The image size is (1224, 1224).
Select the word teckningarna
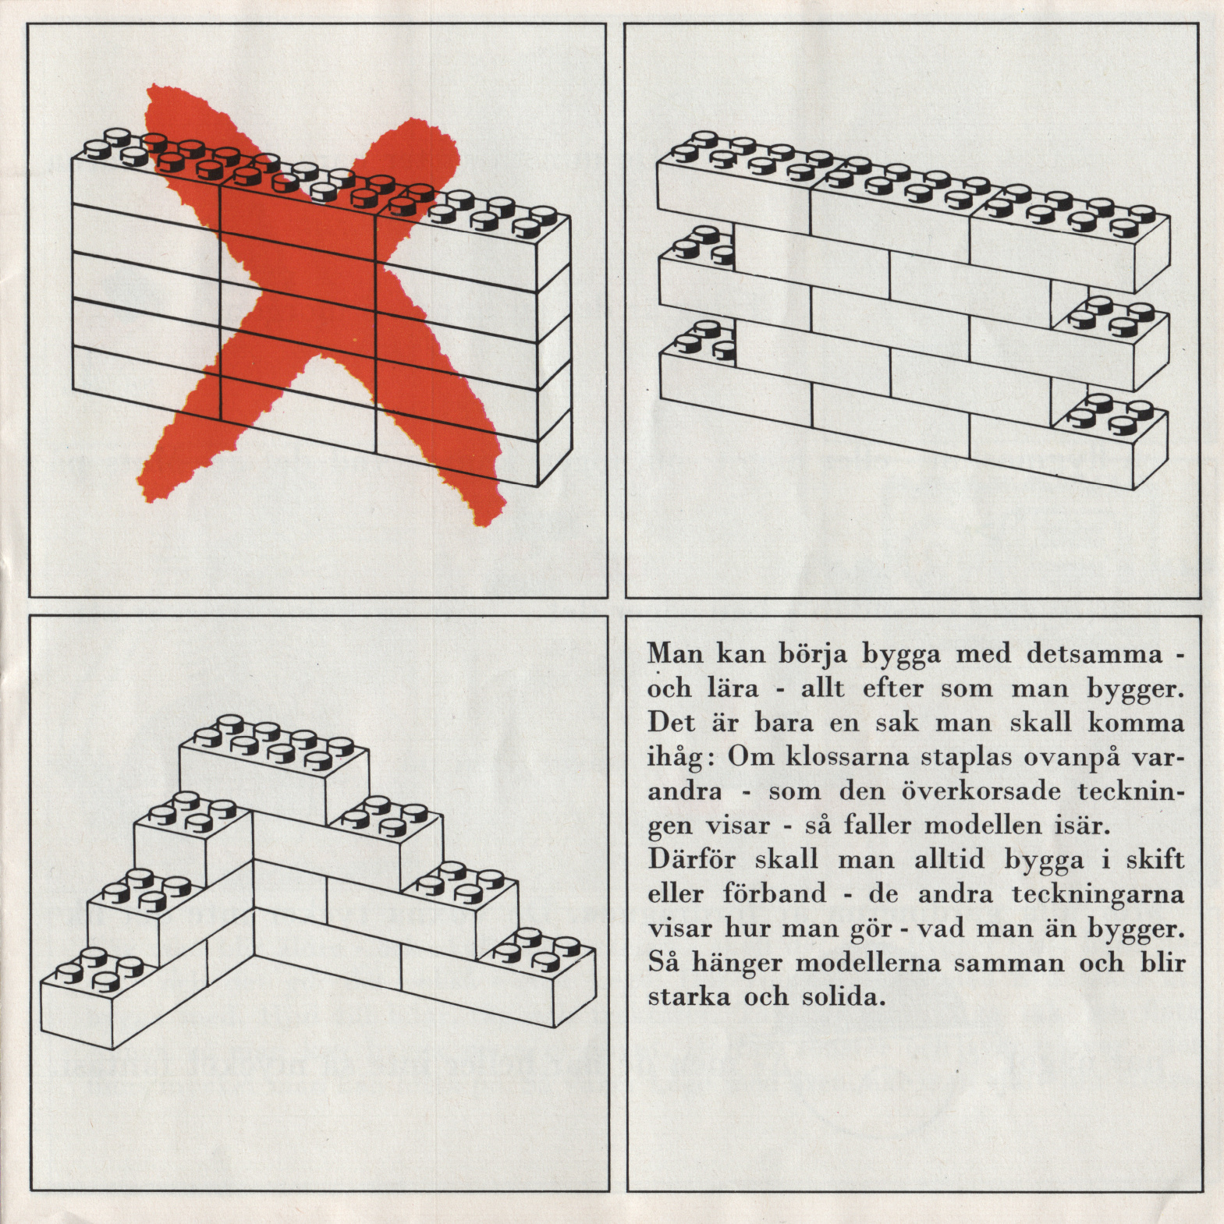(1098, 894)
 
